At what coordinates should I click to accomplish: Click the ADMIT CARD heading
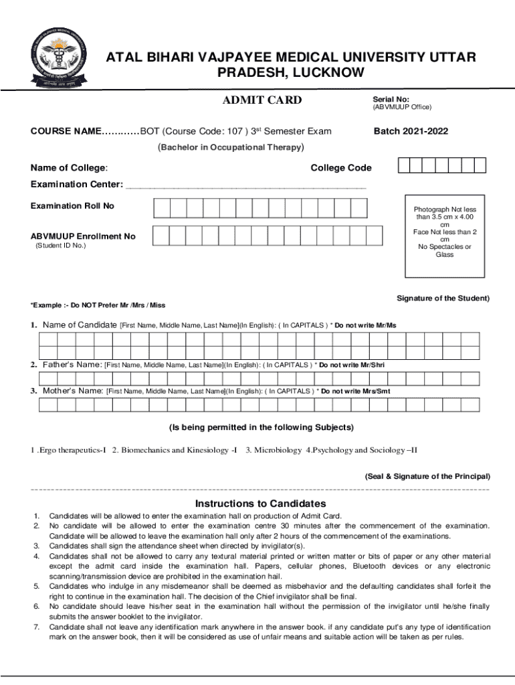(262, 100)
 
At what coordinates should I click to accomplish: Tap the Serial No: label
(391, 98)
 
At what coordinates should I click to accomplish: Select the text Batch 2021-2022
(411, 131)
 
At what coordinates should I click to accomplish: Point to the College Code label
(341, 168)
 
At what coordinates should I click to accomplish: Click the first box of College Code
(404, 166)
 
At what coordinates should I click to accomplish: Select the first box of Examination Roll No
(162, 209)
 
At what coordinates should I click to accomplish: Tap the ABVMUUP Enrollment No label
(83, 236)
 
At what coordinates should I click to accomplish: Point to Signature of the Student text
(443, 298)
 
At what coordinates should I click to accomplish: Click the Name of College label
(70, 168)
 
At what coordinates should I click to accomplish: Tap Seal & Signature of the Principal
(427, 476)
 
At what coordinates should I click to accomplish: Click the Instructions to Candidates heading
(260, 503)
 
